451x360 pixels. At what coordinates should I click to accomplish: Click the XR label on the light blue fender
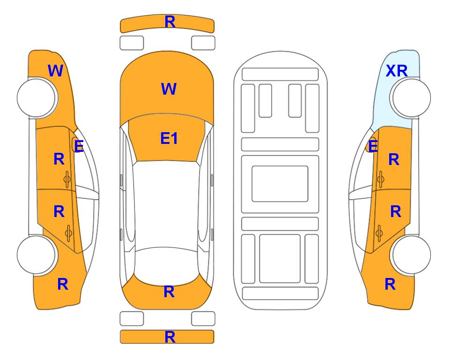click(397, 71)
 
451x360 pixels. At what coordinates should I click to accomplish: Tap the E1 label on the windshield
click(169, 138)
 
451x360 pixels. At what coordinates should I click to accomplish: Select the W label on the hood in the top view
click(169, 89)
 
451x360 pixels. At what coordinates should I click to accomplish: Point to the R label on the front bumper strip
click(170, 22)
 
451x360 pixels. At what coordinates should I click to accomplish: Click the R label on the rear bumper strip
click(170, 337)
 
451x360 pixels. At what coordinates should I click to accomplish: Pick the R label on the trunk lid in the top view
click(169, 292)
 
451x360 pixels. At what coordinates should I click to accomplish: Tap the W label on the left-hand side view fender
click(55, 71)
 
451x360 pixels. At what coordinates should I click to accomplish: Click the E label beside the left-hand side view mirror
click(79, 146)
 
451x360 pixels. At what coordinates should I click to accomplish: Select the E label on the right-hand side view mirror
click(373, 146)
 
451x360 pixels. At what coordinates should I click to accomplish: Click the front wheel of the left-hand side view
click(37, 98)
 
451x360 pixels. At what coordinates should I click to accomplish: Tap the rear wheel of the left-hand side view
click(37, 255)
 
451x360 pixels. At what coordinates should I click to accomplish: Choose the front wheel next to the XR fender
click(411, 98)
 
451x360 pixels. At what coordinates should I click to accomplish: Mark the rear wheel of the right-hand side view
click(411, 255)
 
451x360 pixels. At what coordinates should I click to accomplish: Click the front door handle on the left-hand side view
click(67, 179)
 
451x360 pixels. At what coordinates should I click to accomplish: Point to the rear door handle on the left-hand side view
click(68, 233)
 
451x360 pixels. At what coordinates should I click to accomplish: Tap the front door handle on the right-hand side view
click(380, 179)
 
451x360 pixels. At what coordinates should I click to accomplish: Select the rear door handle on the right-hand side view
click(379, 233)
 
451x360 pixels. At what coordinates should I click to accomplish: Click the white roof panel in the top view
click(167, 204)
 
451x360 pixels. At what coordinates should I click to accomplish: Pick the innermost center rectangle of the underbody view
click(280, 184)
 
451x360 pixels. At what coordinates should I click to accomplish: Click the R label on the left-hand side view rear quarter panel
click(63, 284)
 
